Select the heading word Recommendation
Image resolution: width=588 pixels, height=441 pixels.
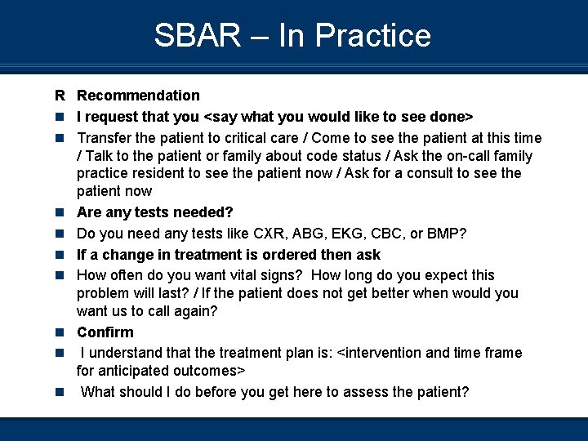138,96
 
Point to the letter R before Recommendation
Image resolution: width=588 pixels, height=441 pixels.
60,96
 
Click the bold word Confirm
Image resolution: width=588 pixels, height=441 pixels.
105,332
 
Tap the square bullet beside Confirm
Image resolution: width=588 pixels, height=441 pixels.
60,333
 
